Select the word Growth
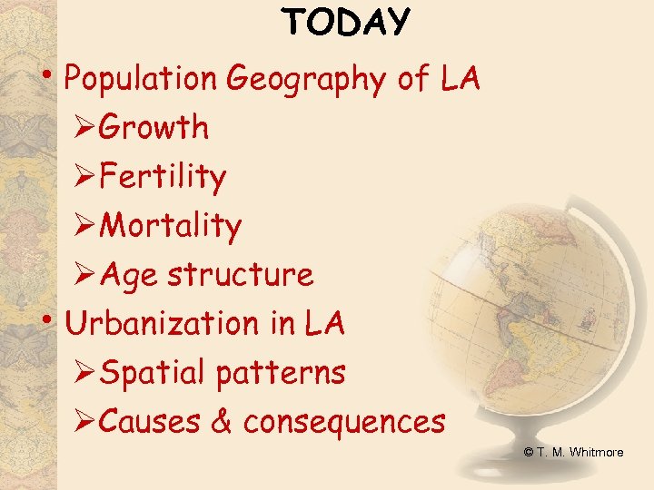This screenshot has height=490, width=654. (x=154, y=128)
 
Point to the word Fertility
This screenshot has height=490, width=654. (x=163, y=177)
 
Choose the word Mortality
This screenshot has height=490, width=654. (x=171, y=226)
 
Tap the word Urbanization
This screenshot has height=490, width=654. (x=156, y=323)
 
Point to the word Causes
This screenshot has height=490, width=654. (x=154, y=421)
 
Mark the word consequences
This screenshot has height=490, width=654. (x=344, y=421)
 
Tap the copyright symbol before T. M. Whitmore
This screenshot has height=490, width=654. (x=528, y=451)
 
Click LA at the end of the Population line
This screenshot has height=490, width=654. (x=460, y=80)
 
